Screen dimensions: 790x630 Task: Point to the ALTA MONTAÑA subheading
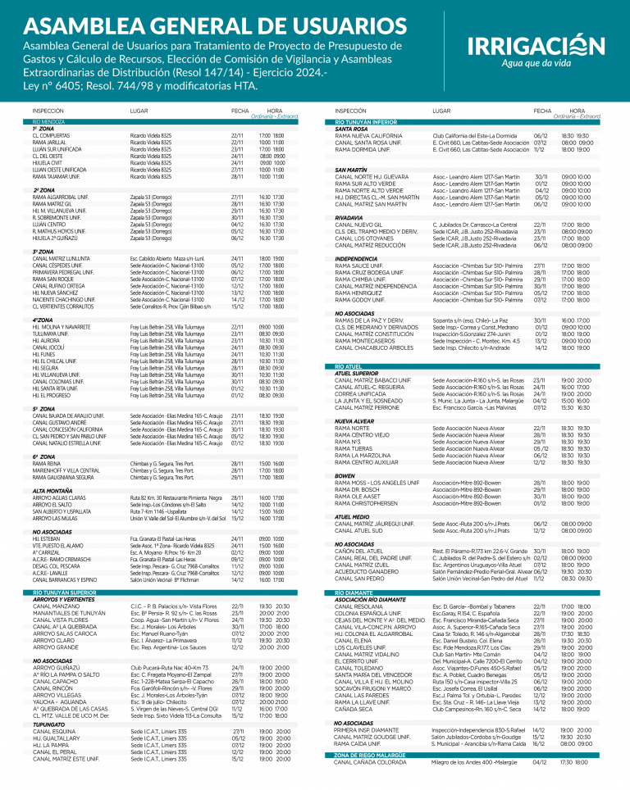(52, 490)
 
